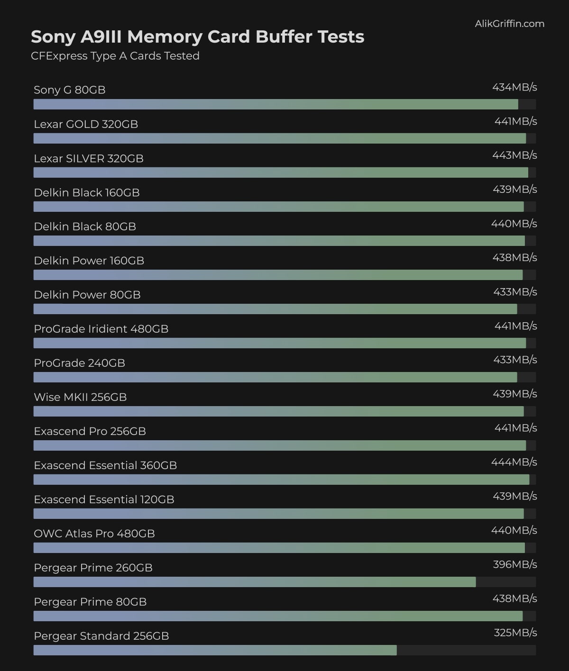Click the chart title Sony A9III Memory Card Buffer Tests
click(x=197, y=37)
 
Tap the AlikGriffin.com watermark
click(x=509, y=24)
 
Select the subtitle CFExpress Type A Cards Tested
click(x=115, y=56)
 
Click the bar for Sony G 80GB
click(x=275, y=104)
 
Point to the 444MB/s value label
click(x=514, y=462)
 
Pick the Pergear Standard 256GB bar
click(x=215, y=650)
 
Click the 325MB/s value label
click(x=515, y=633)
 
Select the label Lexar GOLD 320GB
click(x=86, y=124)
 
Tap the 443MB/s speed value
click(x=514, y=155)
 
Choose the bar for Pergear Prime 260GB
click(x=254, y=582)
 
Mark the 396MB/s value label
click(x=514, y=564)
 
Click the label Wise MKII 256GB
click(x=80, y=397)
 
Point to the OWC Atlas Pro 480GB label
click(x=94, y=534)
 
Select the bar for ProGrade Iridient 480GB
click(x=279, y=343)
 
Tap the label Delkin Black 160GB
click(x=87, y=192)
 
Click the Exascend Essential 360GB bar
click(x=281, y=480)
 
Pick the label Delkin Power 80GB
click(x=87, y=295)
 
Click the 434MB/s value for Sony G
click(x=514, y=87)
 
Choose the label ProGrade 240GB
click(x=79, y=363)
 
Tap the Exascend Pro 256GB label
click(x=90, y=431)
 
